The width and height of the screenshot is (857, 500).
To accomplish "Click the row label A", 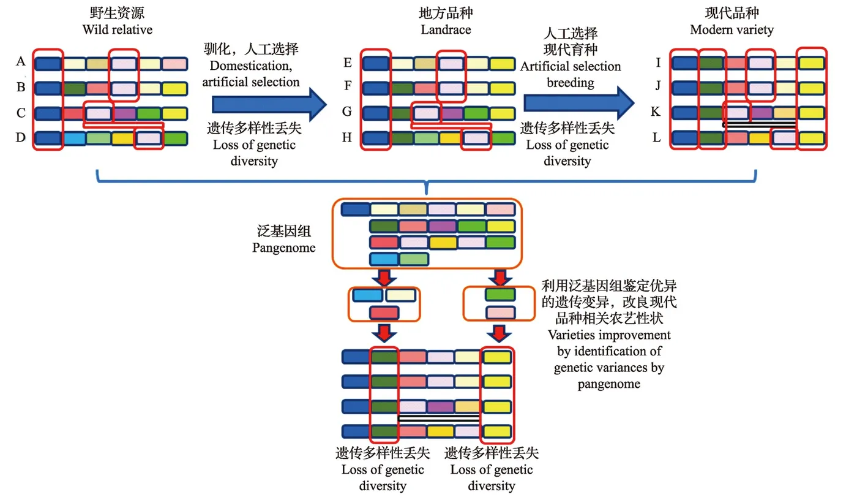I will [x=21, y=62].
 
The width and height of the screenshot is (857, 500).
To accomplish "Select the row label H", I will [x=347, y=138].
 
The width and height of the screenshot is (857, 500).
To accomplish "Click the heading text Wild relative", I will [x=117, y=29].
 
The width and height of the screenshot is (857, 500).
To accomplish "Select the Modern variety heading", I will [x=732, y=29].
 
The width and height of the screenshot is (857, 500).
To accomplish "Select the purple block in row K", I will [x=762, y=113].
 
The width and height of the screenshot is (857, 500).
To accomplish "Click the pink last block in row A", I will [x=174, y=63].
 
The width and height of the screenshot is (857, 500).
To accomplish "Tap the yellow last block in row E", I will [x=502, y=63].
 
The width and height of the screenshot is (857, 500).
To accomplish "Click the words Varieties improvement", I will [x=609, y=336].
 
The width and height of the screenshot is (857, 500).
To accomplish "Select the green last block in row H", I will [x=502, y=138].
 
